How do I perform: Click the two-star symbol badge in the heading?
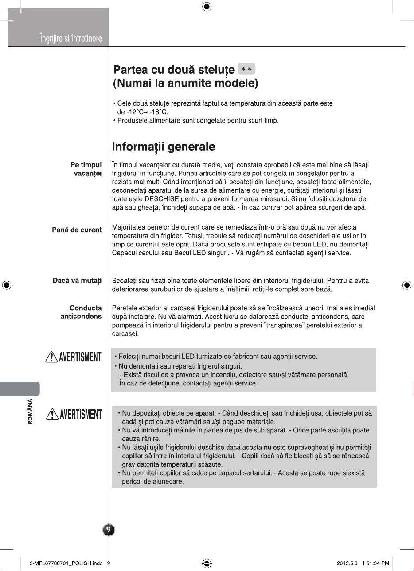(247, 70)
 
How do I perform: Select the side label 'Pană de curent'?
(77, 230)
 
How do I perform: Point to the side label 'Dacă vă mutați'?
(77, 281)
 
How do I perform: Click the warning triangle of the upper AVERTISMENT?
(52, 357)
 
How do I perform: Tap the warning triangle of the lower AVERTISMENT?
(52, 414)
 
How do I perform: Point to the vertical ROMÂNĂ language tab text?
(30, 412)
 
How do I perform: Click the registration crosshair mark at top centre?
(207, 7)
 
